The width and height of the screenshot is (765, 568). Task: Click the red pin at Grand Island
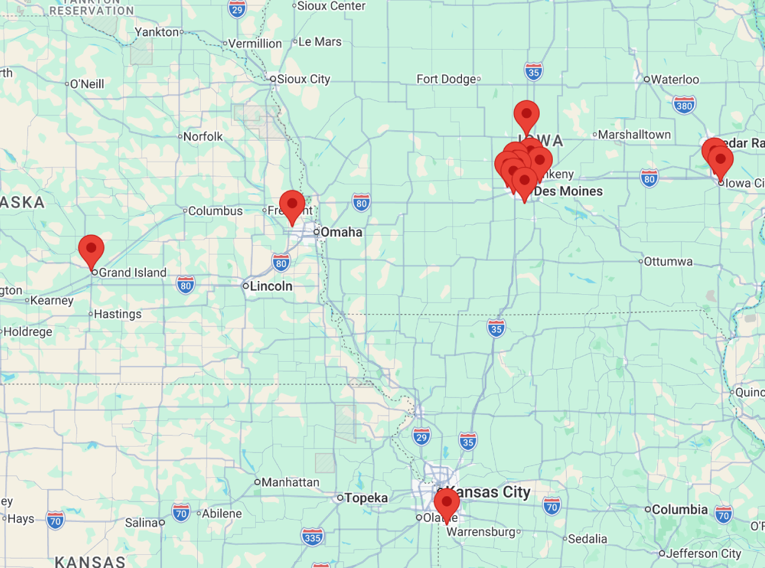point(91,248)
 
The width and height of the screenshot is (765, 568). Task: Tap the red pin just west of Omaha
point(292,204)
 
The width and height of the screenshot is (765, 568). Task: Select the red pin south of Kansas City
point(446,502)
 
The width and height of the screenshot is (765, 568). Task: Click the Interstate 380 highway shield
point(684,105)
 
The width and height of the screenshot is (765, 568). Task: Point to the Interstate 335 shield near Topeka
point(312,537)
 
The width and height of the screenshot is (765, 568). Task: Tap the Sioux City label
point(304,79)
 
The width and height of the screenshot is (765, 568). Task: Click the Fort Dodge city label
point(446,79)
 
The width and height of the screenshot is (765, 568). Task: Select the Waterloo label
point(675,80)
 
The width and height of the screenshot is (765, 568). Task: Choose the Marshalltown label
point(634,135)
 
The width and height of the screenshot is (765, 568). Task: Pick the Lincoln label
point(271,286)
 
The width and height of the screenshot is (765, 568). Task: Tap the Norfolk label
point(203,136)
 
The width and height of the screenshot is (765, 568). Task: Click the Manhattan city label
point(290,482)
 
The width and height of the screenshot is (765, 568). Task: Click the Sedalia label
point(587,539)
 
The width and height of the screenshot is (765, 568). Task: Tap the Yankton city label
point(157,32)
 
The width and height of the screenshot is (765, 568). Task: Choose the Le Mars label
point(320,42)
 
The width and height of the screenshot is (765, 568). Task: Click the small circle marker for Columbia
point(648,509)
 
